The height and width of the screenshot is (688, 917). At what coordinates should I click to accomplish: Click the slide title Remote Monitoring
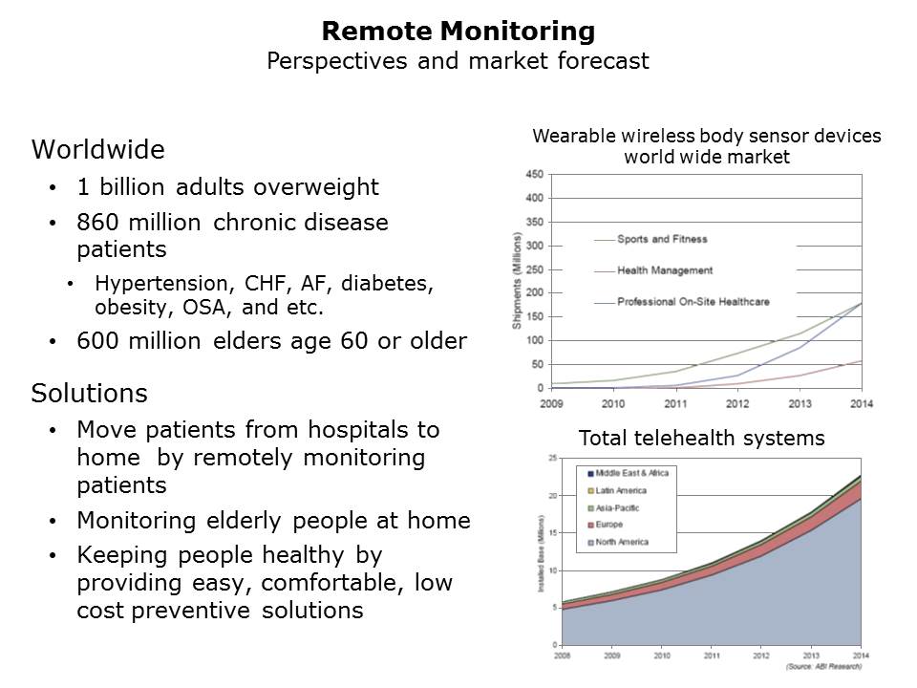tap(458, 32)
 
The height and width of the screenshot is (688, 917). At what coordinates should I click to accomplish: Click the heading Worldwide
tap(97, 150)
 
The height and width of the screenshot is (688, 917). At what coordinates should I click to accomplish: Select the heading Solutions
tap(90, 393)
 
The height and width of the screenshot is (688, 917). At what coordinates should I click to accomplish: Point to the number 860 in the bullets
tap(96, 223)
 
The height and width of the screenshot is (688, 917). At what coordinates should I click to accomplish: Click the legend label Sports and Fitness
tap(662, 239)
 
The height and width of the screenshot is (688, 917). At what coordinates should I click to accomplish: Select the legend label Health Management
tap(665, 270)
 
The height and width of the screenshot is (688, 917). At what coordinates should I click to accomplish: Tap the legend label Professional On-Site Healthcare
tap(693, 302)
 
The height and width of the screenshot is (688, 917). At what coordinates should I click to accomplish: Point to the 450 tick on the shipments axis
tap(534, 175)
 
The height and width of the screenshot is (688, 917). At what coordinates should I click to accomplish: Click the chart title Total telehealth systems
tap(702, 439)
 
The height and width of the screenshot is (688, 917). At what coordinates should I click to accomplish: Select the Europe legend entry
tap(608, 525)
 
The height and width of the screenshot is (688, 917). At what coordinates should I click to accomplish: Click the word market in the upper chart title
tap(763, 158)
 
